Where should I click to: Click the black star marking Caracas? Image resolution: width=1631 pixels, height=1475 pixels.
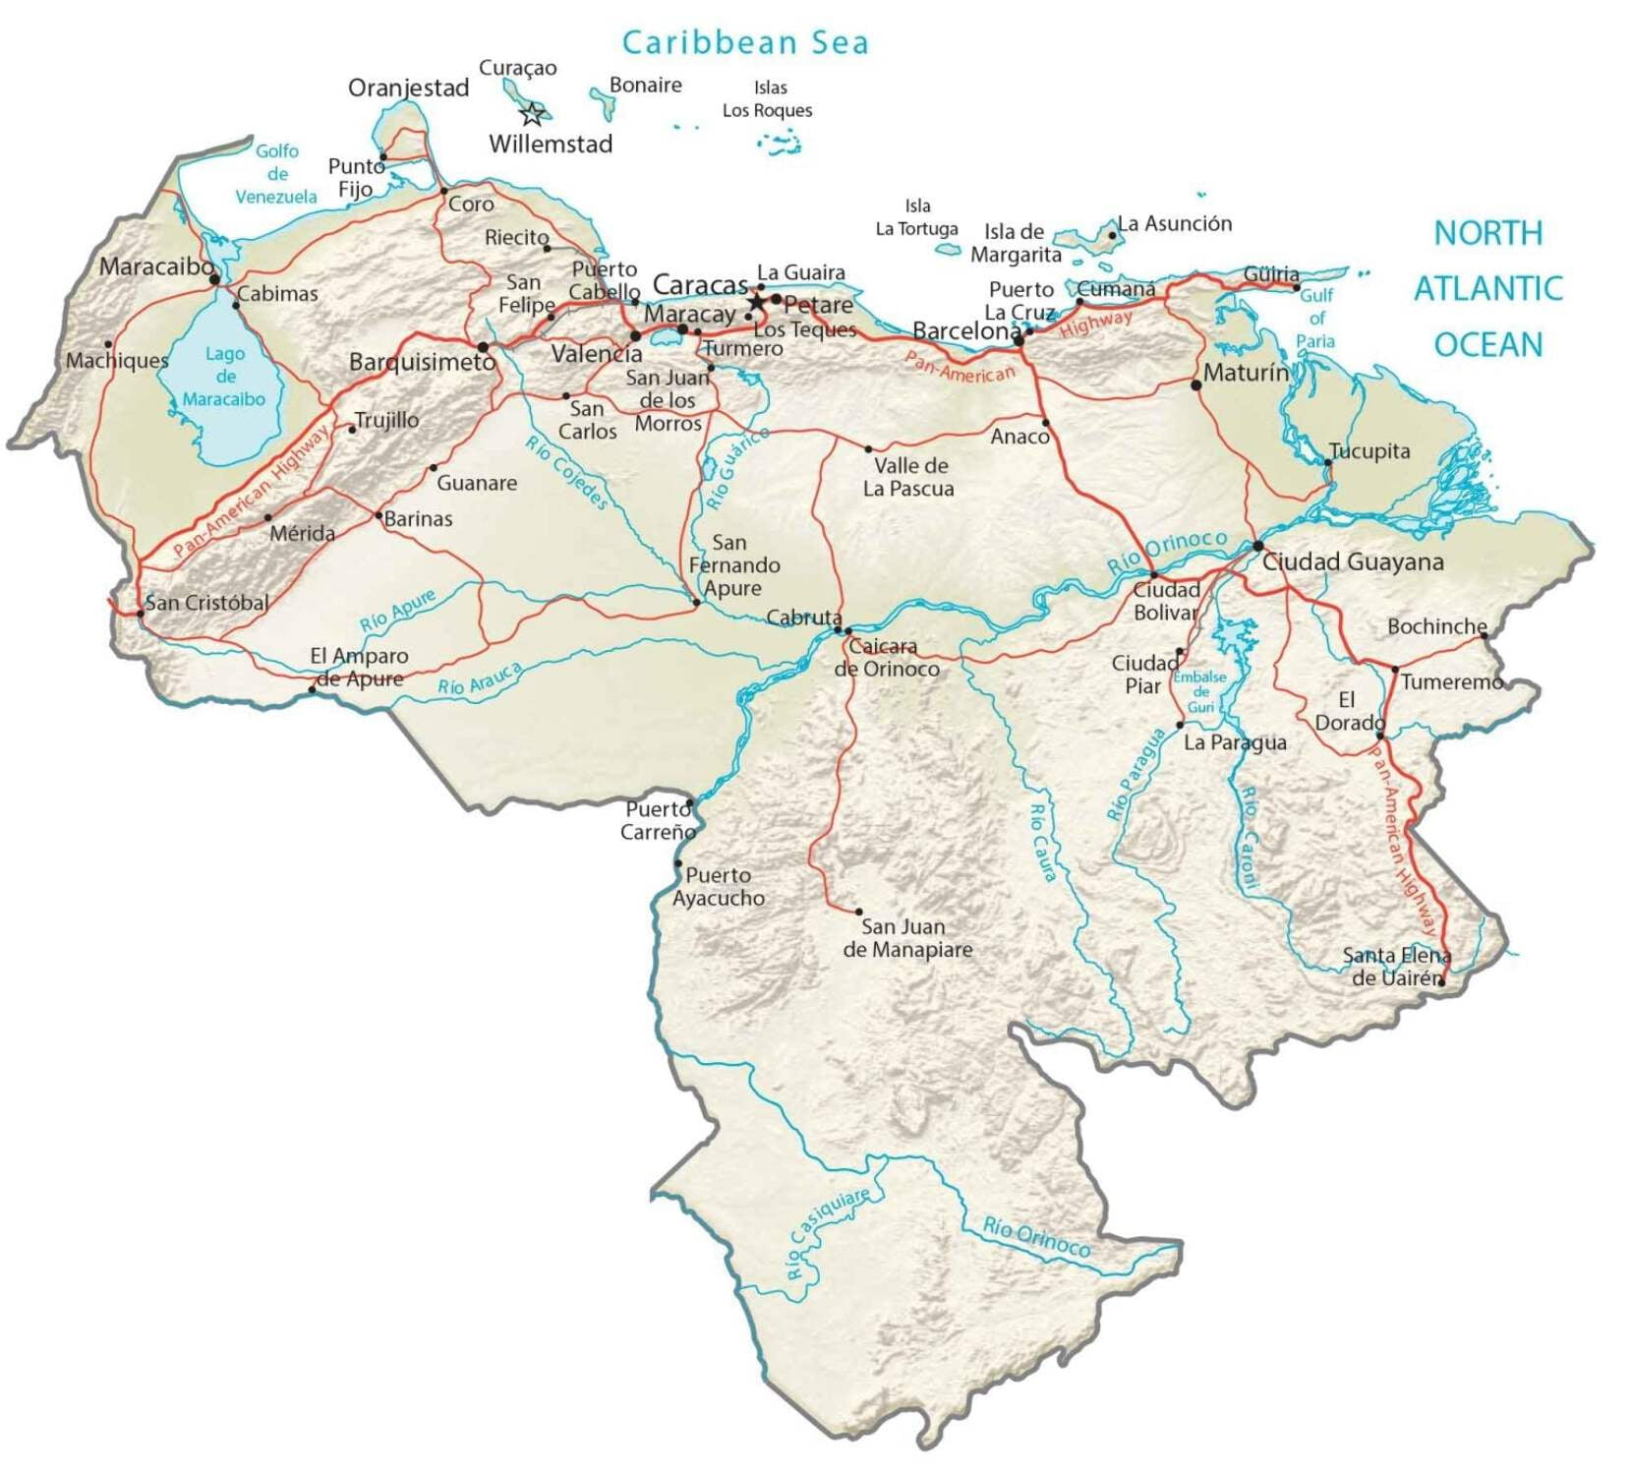(756, 301)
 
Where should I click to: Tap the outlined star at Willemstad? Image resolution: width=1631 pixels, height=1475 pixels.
(532, 114)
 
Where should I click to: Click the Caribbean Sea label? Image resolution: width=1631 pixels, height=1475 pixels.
(745, 42)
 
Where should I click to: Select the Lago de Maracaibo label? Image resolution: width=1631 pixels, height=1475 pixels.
(224, 377)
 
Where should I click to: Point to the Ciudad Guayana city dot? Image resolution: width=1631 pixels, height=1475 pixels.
(1258, 546)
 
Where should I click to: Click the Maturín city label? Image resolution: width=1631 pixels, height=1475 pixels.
(1246, 373)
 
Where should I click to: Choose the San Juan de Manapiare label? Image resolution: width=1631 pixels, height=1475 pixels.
(906, 938)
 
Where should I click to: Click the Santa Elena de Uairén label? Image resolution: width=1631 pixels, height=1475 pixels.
(1396, 967)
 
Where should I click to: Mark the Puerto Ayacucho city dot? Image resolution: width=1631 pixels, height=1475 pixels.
(677, 863)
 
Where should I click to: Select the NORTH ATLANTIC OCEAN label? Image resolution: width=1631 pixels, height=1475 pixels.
(1487, 289)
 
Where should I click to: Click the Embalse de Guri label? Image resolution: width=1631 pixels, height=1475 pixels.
(1200, 691)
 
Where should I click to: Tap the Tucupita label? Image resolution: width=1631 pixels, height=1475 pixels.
(1369, 451)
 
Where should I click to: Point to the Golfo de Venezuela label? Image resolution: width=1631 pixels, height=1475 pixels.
(276, 174)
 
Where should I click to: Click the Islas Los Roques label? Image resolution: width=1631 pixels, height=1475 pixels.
(768, 99)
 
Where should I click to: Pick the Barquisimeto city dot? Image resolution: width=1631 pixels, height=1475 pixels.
(483, 347)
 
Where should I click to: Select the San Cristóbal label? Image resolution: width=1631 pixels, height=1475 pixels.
(206, 603)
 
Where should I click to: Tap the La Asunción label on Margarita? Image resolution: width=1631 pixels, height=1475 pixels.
(1174, 223)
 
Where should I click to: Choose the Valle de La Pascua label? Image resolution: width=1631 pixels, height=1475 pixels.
(908, 477)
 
